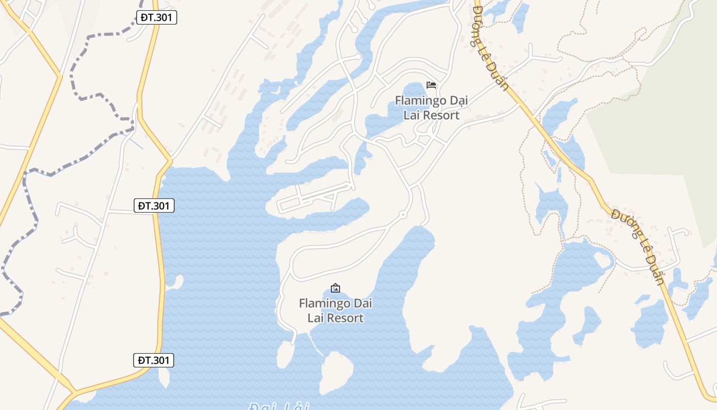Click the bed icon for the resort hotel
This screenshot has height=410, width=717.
pos(431,85)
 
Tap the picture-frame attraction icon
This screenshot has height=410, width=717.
pos(335,288)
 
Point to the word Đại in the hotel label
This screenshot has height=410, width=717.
pos(458,100)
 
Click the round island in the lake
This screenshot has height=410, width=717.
pos(336,371)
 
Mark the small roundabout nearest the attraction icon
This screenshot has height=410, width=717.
pos(403,214)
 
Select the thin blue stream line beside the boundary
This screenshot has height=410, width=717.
pos(136,143)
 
